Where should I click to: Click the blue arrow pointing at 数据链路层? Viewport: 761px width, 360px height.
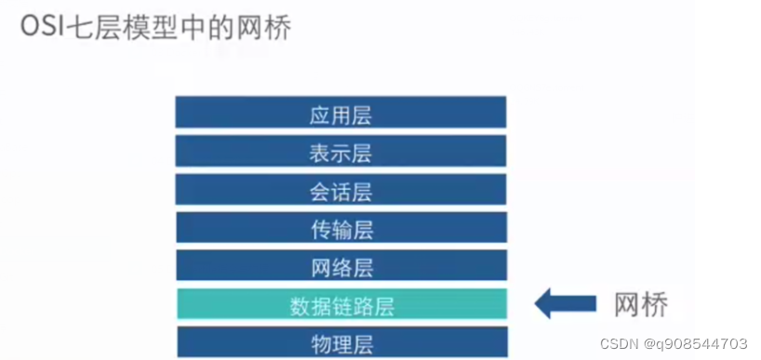click(566, 303)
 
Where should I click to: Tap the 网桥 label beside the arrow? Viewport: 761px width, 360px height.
click(643, 304)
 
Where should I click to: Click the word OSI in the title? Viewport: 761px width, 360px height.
click(43, 28)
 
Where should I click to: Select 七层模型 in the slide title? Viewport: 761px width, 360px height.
click(120, 28)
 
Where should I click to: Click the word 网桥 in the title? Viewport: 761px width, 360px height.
click(264, 28)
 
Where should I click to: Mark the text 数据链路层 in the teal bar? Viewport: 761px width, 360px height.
click(340, 305)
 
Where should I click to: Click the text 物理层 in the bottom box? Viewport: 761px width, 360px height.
click(340, 341)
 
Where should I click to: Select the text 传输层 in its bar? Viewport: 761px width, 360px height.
click(340, 229)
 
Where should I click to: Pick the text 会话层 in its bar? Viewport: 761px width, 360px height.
click(340, 192)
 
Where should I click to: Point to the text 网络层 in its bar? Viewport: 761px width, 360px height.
click(340, 267)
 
